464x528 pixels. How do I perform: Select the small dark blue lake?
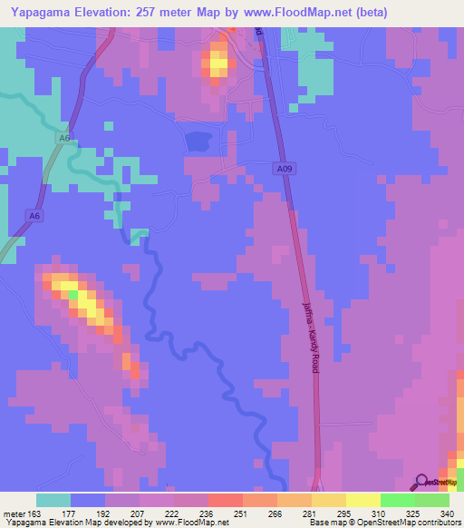point(198,141)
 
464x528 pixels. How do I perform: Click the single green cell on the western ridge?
point(72,294)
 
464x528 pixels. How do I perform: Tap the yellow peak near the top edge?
point(217,64)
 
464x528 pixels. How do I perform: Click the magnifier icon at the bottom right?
point(421,482)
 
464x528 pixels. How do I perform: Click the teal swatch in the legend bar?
point(53,500)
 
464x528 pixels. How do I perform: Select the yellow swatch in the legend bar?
point(362,500)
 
